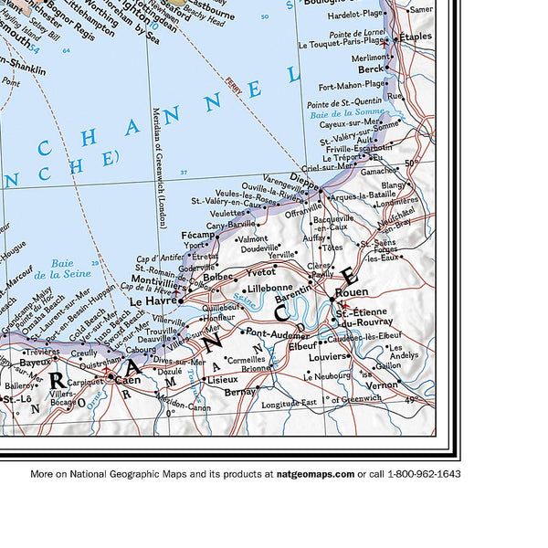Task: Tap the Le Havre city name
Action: [151, 299]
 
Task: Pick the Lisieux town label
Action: [222, 378]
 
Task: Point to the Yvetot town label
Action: [262, 272]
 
